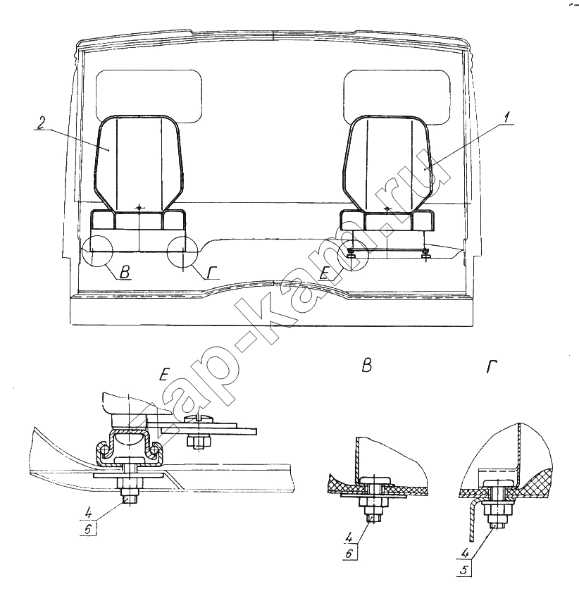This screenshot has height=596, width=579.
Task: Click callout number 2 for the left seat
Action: [x=42, y=123]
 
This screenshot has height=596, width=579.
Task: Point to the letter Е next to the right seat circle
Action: [x=324, y=273]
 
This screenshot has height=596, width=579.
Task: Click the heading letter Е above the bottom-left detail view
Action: [x=163, y=376]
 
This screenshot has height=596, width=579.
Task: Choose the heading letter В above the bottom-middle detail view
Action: [x=366, y=366]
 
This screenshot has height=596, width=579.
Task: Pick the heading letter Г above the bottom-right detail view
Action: [x=492, y=367]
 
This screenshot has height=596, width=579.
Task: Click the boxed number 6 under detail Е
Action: [x=88, y=530]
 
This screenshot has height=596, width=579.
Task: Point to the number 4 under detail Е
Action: [x=88, y=514]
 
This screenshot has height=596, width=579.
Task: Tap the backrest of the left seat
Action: [x=139, y=163]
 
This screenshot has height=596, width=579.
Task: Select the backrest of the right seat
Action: [x=387, y=164]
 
